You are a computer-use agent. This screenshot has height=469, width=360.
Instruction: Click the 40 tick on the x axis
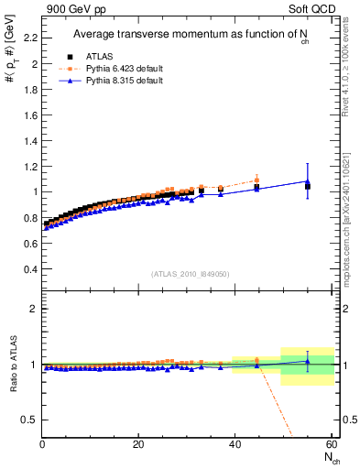[x=235, y=444]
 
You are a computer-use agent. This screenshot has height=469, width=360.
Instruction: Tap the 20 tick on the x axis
[x=138, y=444]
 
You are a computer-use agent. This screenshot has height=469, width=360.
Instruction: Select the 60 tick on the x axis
[x=331, y=444]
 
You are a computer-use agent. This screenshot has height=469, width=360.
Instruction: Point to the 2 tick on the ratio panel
[x=32, y=309]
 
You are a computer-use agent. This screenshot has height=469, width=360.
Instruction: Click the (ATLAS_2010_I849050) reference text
[x=191, y=274]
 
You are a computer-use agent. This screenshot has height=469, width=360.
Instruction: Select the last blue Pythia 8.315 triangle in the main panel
[x=307, y=181]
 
